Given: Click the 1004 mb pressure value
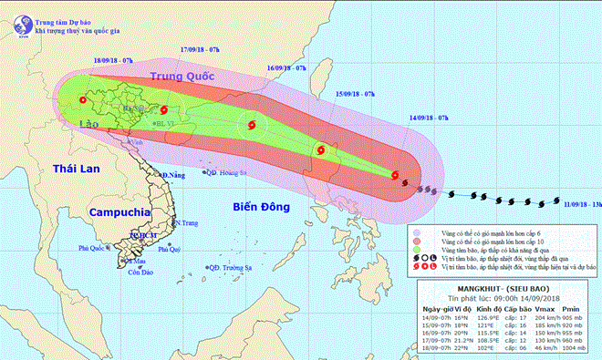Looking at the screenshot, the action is click(x=576, y=349).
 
